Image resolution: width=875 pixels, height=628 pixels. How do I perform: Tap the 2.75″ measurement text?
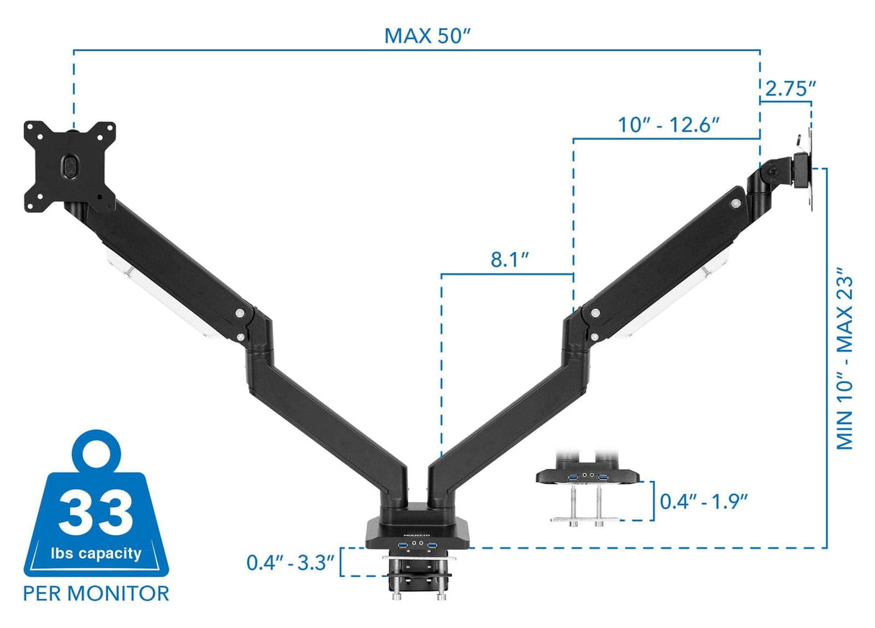click(790, 89)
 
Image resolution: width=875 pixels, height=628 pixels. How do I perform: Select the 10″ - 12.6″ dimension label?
click(669, 125)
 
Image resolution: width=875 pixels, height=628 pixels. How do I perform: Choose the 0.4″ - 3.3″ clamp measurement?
click(290, 562)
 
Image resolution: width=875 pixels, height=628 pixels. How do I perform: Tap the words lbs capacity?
click(96, 553)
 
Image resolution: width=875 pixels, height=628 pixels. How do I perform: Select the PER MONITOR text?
click(96, 593)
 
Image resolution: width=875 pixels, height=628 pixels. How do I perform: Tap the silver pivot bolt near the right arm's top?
click(734, 205)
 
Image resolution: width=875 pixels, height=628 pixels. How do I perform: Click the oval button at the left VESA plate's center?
click(69, 166)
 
